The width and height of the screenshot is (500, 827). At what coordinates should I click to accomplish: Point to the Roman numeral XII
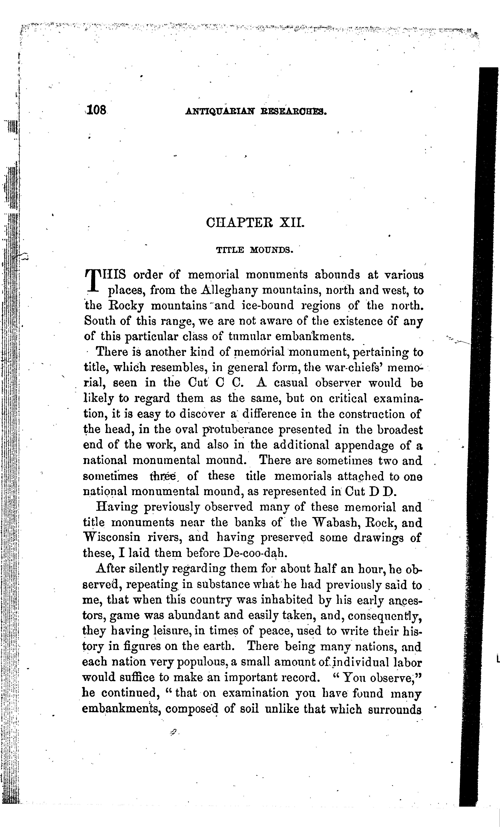[x=292, y=223]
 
